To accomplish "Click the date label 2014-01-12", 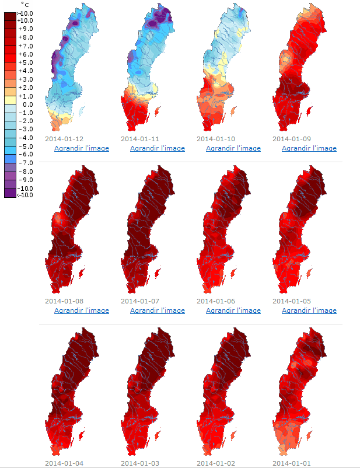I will pos(64,139).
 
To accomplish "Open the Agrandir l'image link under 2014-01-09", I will pos(309,148).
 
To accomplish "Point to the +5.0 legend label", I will pos(25,62).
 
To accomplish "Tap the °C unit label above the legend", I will pos(25,5).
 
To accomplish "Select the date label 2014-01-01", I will pos(292,463).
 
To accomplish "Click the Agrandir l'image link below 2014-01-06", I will pos(233,310).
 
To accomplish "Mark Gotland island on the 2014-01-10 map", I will pos(233,111).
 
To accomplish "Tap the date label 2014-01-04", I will pos(64,463).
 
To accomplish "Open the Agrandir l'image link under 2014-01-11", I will pos(157,148).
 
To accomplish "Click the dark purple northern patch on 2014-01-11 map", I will pos(156,22).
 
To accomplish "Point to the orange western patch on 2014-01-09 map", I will pos(286,58).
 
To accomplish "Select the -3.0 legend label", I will pos(25,129).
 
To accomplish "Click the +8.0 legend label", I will pos(25,37).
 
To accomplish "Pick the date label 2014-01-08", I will pos(64,301).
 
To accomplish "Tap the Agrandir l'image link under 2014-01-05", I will pos(309,310).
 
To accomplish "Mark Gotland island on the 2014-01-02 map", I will pos(233,435).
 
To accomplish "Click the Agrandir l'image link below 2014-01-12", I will pos(81,148).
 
